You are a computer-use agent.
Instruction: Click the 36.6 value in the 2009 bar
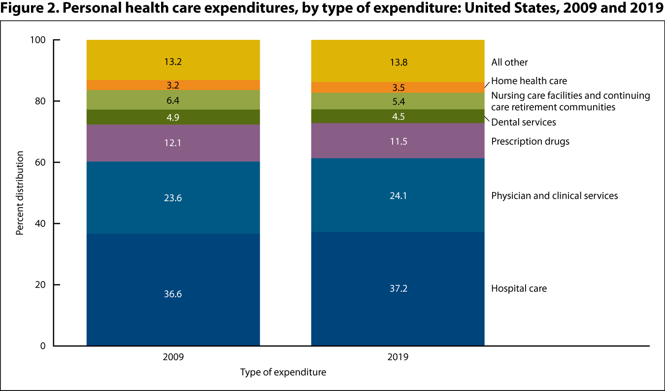[x=173, y=294]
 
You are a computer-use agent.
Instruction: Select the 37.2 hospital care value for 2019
[x=398, y=288]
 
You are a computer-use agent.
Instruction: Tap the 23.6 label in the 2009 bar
[x=173, y=198]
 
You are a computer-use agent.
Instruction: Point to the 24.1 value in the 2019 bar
[x=398, y=195]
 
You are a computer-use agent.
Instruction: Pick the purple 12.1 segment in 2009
[x=173, y=143]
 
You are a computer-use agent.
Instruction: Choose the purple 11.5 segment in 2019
[x=398, y=141]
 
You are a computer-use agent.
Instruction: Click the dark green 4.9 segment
[x=173, y=117]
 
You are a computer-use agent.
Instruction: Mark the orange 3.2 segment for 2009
[x=173, y=85]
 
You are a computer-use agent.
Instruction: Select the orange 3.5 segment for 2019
[x=398, y=88]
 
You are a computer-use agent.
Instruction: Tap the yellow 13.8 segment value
[x=398, y=62]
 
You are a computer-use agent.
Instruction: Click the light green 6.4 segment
[x=173, y=100]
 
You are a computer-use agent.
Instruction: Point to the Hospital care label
[x=519, y=288]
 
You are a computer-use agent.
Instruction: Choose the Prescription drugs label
[x=530, y=142]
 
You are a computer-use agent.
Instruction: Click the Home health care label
[x=529, y=81]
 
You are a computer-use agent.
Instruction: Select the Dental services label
[x=524, y=121]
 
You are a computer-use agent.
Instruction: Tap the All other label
[x=509, y=62]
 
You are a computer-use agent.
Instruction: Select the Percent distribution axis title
[x=20, y=193]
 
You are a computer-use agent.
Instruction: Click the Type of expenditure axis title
[x=283, y=372]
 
